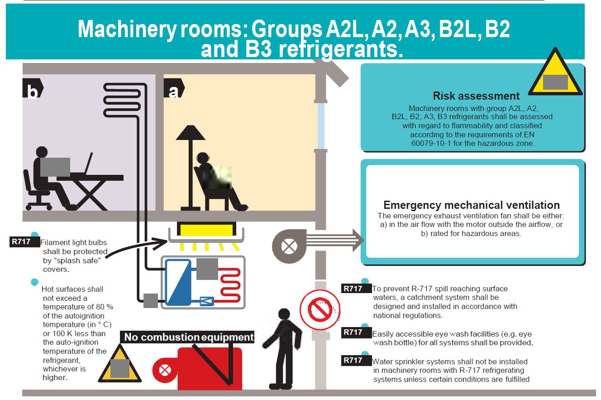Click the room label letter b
33,92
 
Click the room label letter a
173,92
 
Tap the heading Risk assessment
476,96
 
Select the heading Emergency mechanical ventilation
472,205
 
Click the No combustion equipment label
189,337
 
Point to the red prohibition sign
320,309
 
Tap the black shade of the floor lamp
191,132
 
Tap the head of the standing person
284,314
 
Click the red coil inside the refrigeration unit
230,284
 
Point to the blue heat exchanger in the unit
178,282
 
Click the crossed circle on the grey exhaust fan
289,246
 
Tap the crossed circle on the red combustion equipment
165,370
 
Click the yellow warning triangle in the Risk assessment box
555,72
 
